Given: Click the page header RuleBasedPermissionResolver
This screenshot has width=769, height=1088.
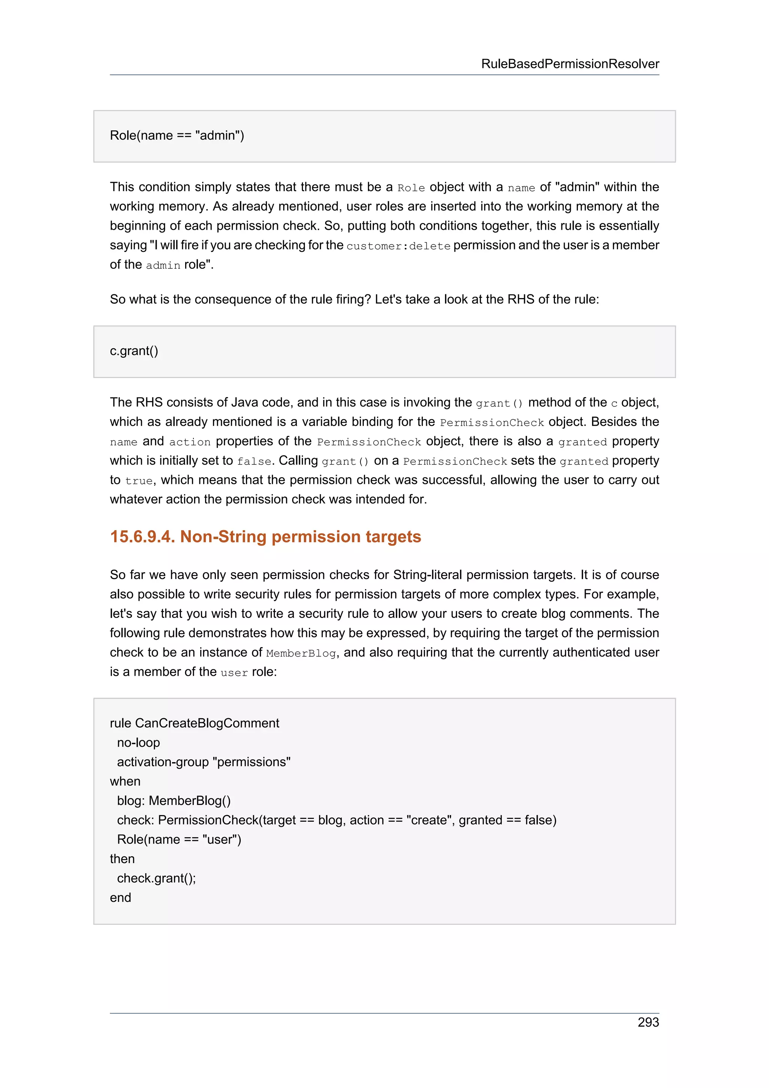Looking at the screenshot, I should click(x=570, y=64).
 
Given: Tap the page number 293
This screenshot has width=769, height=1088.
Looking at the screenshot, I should click(x=648, y=1022).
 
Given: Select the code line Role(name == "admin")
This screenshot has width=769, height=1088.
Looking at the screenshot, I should click(x=177, y=136).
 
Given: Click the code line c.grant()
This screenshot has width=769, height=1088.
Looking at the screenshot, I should click(x=134, y=351).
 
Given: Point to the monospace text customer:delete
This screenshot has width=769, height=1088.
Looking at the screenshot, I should click(x=398, y=246).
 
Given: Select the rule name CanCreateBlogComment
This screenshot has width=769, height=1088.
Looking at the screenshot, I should click(x=207, y=723).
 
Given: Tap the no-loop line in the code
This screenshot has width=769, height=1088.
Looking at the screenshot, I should click(x=138, y=743).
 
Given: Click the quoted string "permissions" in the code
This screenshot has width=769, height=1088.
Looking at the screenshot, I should click(x=252, y=762).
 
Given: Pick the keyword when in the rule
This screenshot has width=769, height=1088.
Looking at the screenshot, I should click(x=125, y=781).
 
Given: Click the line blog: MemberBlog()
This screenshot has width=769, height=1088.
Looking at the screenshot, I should click(x=173, y=801).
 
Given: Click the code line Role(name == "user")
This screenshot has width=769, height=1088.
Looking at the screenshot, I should click(x=179, y=840).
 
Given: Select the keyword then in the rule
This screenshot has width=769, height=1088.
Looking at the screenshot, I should click(x=122, y=859).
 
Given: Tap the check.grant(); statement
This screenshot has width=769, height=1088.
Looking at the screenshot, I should click(x=156, y=879).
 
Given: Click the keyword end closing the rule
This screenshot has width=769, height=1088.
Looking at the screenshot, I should click(x=121, y=898).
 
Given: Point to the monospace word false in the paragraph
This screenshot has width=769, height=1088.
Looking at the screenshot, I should click(x=254, y=461).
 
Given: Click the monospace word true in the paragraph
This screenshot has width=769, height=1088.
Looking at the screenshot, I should click(x=139, y=481).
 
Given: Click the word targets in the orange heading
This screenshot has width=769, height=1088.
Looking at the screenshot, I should click(x=393, y=537).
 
